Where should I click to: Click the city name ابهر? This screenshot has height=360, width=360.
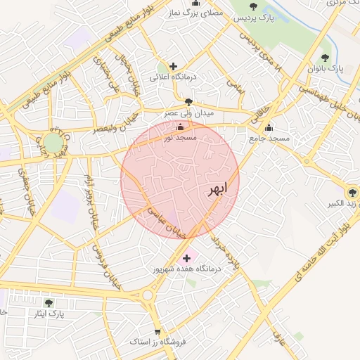(x=217, y=191)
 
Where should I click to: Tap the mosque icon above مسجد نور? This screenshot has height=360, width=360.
(x=180, y=127)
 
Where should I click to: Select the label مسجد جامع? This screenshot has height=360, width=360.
(x=269, y=139)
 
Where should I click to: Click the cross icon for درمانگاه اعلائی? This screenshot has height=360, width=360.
(x=174, y=66)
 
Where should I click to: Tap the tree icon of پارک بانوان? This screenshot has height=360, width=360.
(x=324, y=58)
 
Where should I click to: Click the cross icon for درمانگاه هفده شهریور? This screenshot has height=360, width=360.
(x=186, y=259)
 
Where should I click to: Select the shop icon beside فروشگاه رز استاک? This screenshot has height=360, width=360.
(x=157, y=331)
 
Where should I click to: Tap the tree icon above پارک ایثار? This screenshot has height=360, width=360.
(x=49, y=302)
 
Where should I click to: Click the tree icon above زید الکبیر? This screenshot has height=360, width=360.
(x=352, y=192)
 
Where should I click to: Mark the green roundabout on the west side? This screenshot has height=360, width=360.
(x=53, y=143)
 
